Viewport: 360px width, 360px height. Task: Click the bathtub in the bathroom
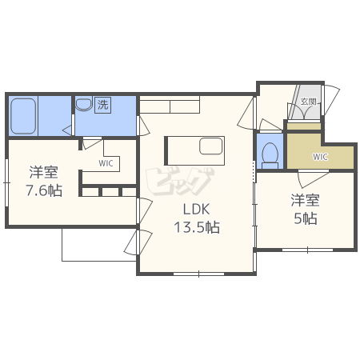click(x=23, y=116)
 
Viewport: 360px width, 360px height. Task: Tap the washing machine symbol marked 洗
click(x=103, y=105)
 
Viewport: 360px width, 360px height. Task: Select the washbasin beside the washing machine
click(x=84, y=104)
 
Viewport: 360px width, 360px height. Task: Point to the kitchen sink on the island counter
click(x=211, y=146)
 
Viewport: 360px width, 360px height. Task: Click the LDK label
click(x=196, y=210)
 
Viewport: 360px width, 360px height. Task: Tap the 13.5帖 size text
click(x=197, y=227)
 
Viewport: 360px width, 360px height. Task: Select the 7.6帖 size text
click(x=44, y=190)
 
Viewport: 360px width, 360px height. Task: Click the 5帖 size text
click(x=306, y=218)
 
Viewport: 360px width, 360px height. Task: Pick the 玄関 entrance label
click(x=308, y=102)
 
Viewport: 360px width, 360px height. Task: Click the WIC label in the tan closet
click(x=320, y=157)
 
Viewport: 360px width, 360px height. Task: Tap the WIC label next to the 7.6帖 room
click(x=106, y=163)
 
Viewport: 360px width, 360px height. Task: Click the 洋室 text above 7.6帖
click(x=43, y=172)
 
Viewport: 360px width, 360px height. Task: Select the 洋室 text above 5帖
click(x=305, y=200)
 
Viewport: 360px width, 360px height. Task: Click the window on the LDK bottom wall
click(x=198, y=274)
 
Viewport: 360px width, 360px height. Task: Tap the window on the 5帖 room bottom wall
click(x=307, y=250)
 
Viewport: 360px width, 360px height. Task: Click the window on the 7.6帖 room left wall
click(x=6, y=182)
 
